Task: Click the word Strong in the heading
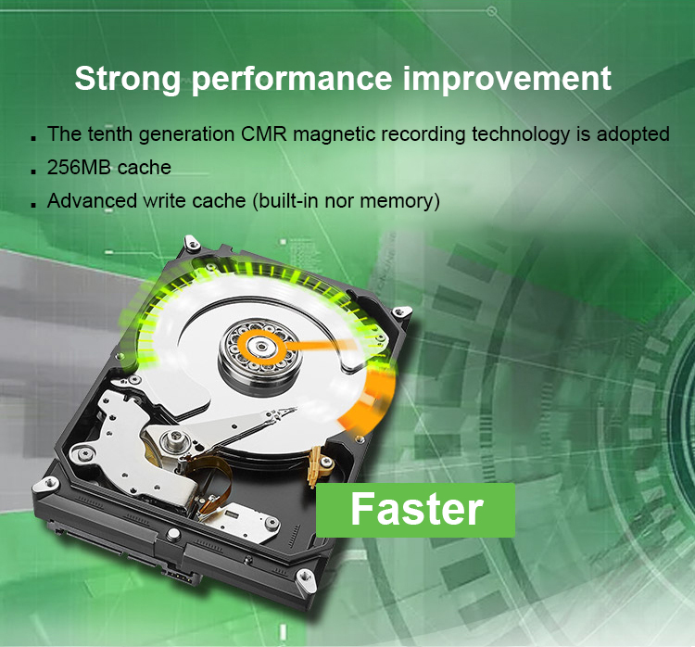pos(128,80)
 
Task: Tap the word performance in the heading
pos(292,80)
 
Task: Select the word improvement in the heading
pos(508,78)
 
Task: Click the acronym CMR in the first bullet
pos(264,133)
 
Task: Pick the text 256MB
pos(79,167)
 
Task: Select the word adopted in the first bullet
pos(633,134)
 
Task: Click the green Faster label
pos(416,510)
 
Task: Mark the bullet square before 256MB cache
pos(34,171)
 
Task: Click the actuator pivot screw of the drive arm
pos(173,440)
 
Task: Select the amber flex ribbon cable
pos(213,479)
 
